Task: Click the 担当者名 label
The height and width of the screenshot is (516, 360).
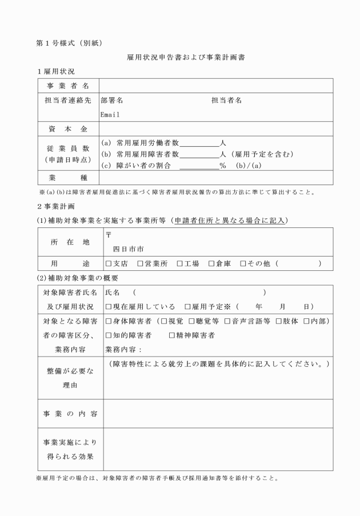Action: pos(226,100)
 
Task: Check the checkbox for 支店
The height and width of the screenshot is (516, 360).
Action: pos(109,263)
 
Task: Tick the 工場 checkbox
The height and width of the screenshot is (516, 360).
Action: pos(179,263)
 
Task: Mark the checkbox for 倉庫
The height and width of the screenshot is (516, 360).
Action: pos(211,263)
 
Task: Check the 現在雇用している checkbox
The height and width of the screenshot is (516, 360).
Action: pos(109,306)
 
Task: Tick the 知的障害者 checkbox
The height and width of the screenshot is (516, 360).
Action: pos(109,335)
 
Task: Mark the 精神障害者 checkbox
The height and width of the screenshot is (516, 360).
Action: pos(172,335)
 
